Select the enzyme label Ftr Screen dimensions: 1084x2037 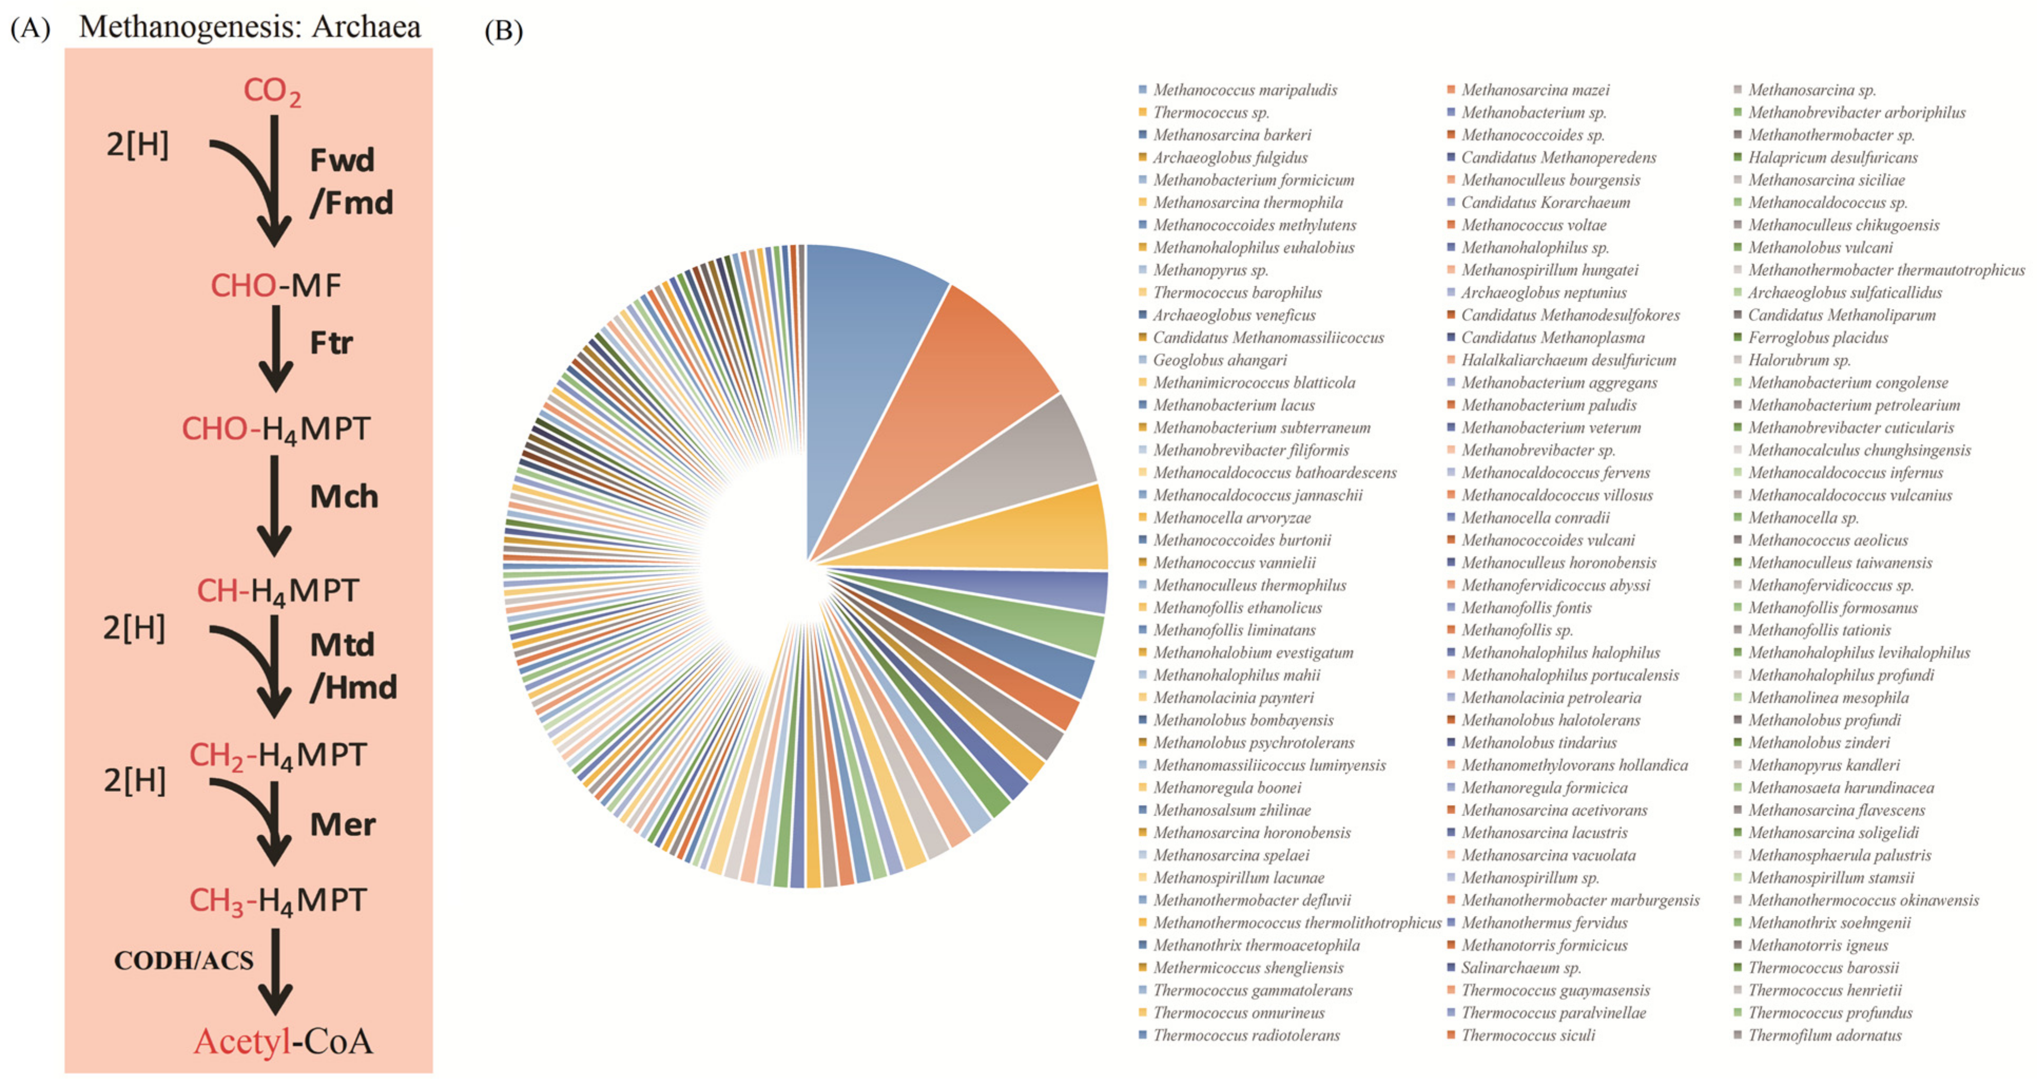click(331, 343)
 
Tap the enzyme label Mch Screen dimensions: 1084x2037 click(343, 497)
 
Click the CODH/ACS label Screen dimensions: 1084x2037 click(183, 961)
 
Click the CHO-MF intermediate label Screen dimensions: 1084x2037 click(275, 285)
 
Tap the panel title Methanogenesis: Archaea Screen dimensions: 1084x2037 click(250, 27)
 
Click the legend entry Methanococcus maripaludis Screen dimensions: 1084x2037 click(1245, 90)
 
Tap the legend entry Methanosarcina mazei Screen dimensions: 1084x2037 click(1534, 90)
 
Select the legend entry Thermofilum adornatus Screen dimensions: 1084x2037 click(1824, 1035)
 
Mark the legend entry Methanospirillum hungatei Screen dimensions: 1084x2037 click(1549, 270)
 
